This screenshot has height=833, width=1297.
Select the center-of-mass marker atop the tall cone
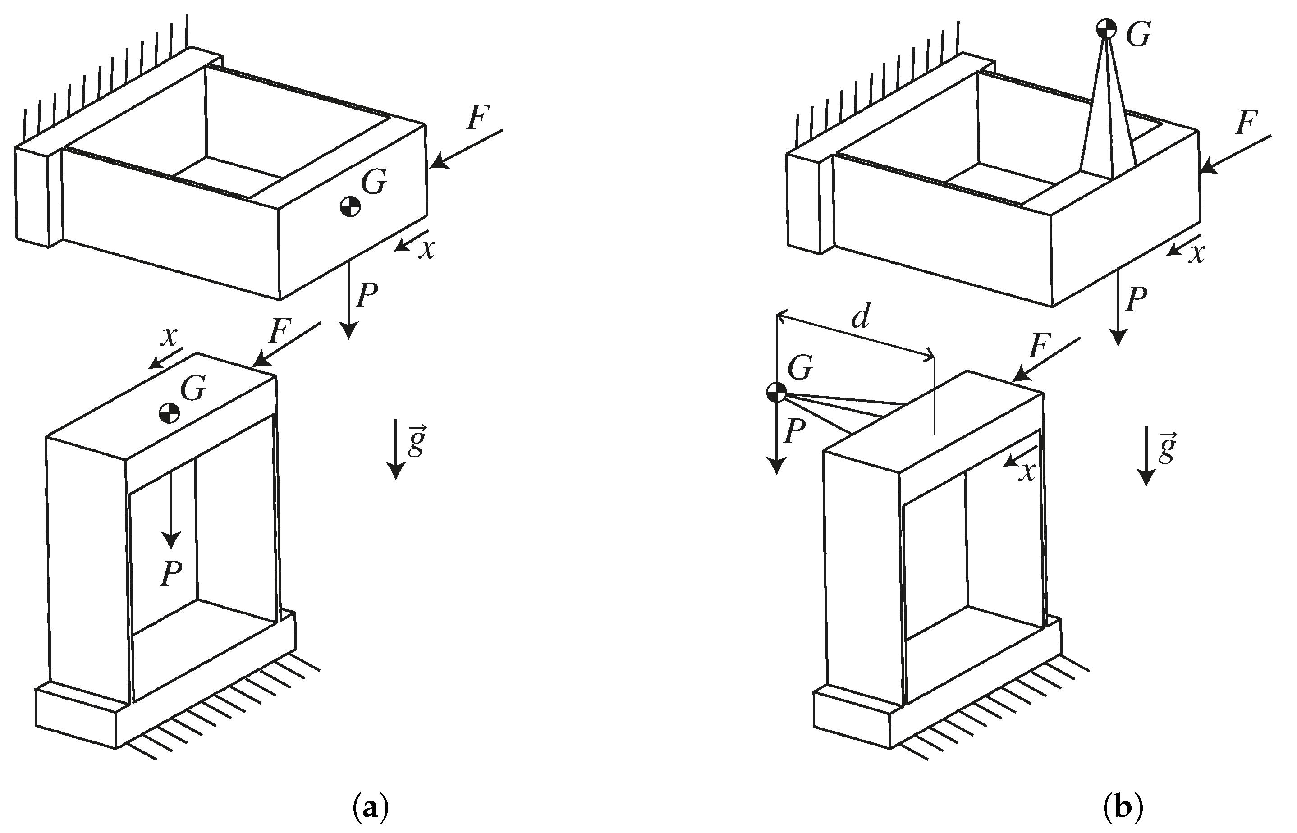1106,28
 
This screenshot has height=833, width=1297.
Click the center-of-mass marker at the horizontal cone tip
777,392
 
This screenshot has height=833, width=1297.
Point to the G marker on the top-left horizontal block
350,206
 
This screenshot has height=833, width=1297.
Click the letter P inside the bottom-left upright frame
171,573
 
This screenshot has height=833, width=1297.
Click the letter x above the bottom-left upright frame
170,337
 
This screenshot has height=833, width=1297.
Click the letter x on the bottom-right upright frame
1027,471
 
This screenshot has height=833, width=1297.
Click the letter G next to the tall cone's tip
1138,35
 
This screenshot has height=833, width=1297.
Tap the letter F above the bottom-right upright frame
1040,347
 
